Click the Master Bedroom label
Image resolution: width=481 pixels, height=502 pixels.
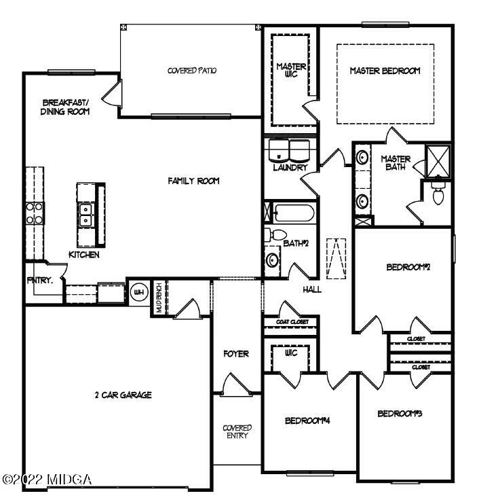(x=385, y=71)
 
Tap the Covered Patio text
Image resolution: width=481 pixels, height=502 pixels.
(x=192, y=71)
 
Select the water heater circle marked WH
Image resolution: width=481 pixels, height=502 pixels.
(x=139, y=292)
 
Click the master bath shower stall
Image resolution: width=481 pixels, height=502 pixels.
(x=438, y=161)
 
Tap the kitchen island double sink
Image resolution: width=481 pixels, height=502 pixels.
(x=85, y=215)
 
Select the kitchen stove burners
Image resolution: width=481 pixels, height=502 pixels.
(x=34, y=213)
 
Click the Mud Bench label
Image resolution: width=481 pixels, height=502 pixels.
(x=159, y=298)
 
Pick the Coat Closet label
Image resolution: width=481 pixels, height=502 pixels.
(x=292, y=322)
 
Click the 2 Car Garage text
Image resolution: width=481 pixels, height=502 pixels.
(x=123, y=395)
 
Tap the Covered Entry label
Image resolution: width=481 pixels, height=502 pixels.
(x=237, y=431)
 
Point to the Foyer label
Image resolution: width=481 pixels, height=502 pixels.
(x=236, y=354)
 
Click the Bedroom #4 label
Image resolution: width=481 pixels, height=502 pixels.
(x=307, y=420)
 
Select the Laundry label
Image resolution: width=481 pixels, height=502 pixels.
(x=290, y=167)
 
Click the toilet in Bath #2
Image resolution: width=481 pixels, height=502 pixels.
(x=275, y=234)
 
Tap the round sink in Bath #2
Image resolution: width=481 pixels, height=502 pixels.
(x=273, y=260)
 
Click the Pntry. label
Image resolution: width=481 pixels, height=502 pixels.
(x=40, y=281)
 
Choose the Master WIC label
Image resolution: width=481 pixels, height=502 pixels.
(x=291, y=70)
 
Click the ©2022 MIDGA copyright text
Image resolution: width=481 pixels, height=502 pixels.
(x=47, y=480)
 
